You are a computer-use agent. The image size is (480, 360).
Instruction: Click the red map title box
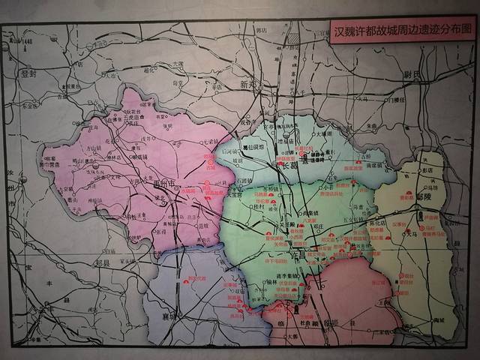[x=403, y=32]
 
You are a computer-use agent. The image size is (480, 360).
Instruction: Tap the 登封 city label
[x=30, y=73]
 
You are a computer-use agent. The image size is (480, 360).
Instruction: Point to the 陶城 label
[x=430, y=320]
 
